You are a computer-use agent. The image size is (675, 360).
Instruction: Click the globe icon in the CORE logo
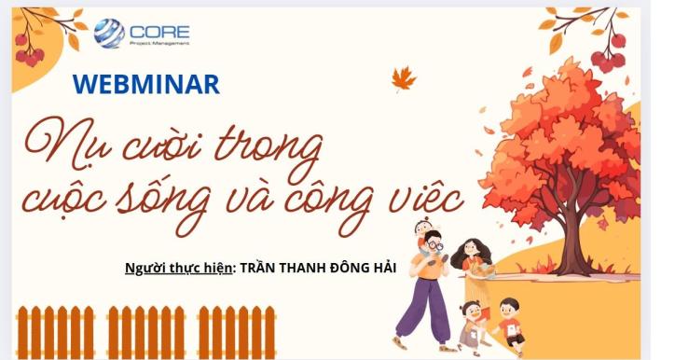[x=109, y=33]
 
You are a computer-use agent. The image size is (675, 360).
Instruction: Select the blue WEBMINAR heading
[x=145, y=85]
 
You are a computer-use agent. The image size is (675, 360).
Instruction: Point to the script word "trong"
[x=269, y=145]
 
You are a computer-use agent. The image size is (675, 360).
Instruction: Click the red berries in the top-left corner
[x=28, y=51]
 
